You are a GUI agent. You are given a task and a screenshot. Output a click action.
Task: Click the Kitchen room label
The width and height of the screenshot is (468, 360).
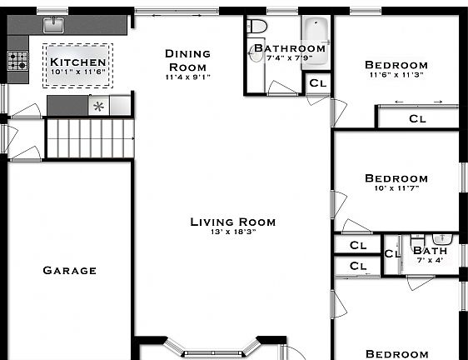click(x=78, y=62)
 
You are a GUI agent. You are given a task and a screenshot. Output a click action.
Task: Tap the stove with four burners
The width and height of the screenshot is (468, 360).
click(x=17, y=61)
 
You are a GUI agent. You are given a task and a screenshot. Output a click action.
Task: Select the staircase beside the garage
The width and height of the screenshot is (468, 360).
click(x=88, y=137)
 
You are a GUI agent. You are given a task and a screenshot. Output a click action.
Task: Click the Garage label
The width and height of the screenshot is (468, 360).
click(x=70, y=270)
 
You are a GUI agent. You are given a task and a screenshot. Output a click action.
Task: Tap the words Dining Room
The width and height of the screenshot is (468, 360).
click(x=187, y=60)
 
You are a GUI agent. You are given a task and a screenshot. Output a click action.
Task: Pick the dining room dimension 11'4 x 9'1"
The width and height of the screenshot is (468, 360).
click(x=187, y=77)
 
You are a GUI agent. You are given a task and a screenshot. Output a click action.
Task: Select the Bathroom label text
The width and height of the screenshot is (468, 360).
click(x=290, y=48)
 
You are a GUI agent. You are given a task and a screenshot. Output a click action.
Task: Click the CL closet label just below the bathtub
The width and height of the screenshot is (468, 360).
click(x=317, y=82)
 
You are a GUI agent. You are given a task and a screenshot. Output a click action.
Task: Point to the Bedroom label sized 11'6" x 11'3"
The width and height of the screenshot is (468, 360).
click(x=396, y=65)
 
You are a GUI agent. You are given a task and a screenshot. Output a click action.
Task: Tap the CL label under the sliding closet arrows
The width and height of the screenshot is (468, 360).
click(x=417, y=119)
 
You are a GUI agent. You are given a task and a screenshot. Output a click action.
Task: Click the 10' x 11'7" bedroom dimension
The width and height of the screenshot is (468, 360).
click(x=396, y=188)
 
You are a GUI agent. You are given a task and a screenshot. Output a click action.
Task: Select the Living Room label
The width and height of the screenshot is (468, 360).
click(x=232, y=222)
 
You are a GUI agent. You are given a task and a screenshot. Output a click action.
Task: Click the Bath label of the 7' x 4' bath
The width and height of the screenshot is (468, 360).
click(x=430, y=250)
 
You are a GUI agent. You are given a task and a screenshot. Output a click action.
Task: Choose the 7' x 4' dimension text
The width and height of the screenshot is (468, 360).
click(x=430, y=260)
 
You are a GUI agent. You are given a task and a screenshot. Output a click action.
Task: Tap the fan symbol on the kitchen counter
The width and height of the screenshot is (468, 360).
click(x=99, y=106)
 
